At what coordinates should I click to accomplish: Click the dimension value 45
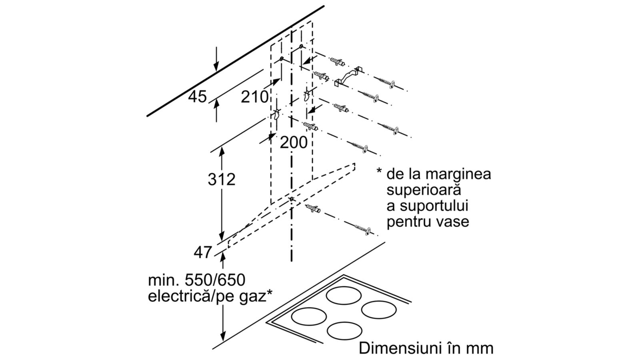click(x=197, y=96)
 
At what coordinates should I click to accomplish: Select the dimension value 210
click(x=254, y=97)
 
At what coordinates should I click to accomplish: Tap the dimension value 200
click(x=294, y=142)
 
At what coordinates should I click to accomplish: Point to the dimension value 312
click(x=222, y=180)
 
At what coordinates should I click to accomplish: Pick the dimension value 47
click(x=203, y=252)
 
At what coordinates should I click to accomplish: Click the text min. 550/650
click(x=196, y=280)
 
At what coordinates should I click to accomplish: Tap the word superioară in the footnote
click(x=424, y=190)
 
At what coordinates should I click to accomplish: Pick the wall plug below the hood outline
click(x=313, y=208)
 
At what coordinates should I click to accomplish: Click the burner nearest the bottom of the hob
click(x=344, y=331)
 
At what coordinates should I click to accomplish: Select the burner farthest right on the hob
click(x=379, y=310)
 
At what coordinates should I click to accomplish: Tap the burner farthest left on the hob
click(x=309, y=316)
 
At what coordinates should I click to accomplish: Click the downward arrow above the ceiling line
click(x=216, y=58)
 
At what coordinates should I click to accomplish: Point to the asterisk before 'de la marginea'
click(x=379, y=170)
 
